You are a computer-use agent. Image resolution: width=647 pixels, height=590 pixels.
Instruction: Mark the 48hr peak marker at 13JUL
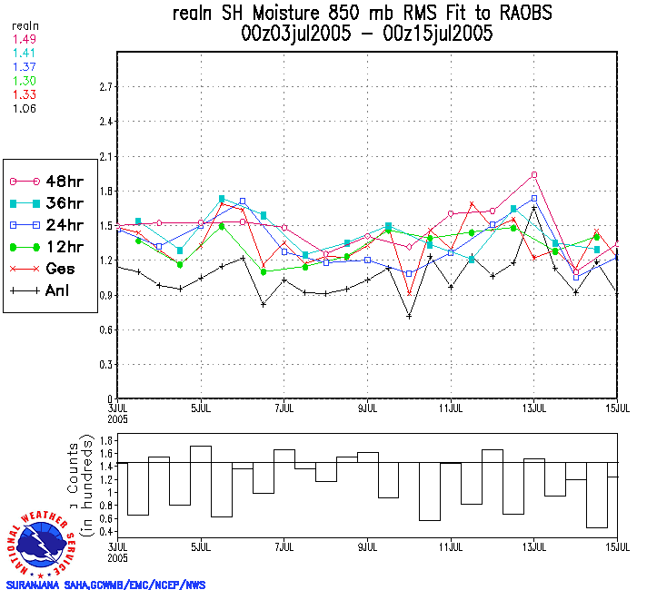coord(534,174)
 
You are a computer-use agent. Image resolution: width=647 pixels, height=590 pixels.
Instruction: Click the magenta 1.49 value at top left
coord(25,39)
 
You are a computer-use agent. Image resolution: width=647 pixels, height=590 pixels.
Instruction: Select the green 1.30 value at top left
coord(25,80)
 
